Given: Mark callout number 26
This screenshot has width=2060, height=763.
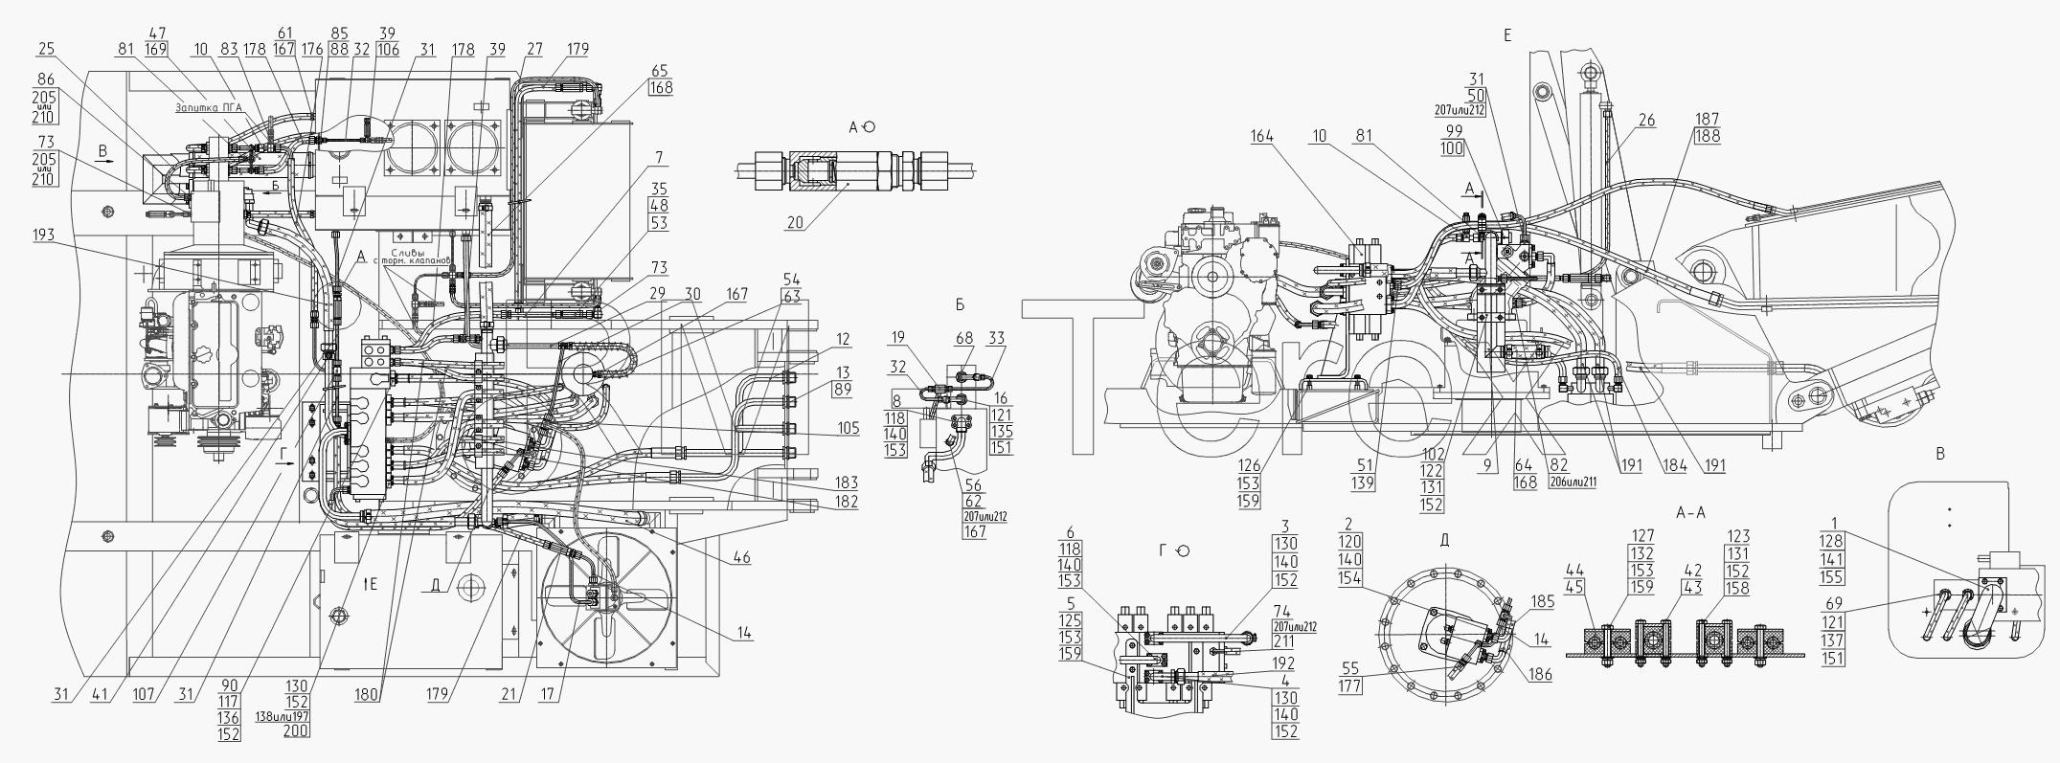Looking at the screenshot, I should [x=1646, y=121].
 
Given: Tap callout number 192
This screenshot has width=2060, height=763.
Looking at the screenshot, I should [x=1284, y=662].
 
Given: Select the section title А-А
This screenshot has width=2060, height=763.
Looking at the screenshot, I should [x=1690, y=513].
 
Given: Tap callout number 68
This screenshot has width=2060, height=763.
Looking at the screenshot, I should [x=963, y=338].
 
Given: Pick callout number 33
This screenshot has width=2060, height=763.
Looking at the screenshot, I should [x=996, y=338].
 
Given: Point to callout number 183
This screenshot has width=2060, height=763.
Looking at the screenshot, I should [x=846, y=483].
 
